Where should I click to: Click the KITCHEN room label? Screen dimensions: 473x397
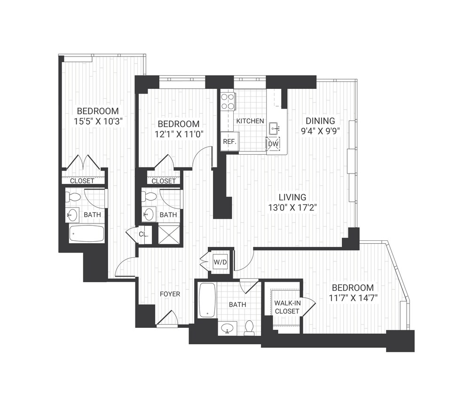click(x=250, y=121)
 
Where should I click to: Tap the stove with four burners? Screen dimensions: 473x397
click(x=228, y=102)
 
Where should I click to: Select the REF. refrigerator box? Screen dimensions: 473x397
click(x=229, y=141)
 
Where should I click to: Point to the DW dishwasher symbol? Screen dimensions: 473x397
click(x=273, y=144)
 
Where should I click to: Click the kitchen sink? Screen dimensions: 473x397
click(x=274, y=128)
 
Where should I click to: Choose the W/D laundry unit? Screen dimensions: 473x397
click(x=221, y=262)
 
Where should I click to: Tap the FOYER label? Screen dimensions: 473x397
click(x=170, y=294)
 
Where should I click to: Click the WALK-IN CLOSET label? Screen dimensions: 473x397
click(x=287, y=307)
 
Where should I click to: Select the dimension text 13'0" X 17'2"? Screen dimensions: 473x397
click(x=292, y=208)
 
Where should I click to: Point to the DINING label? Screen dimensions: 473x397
click(x=320, y=121)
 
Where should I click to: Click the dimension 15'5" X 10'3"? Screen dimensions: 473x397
click(x=99, y=121)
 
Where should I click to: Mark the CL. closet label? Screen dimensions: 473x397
click(x=143, y=234)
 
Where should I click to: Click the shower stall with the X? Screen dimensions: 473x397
click(x=169, y=234)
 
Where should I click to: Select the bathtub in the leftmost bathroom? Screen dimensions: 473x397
click(x=87, y=233)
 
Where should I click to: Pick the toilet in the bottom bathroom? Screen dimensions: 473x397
click(x=249, y=328)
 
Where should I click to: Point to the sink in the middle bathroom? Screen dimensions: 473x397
click(x=149, y=214)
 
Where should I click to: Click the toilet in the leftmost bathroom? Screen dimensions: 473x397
click(x=73, y=197)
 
